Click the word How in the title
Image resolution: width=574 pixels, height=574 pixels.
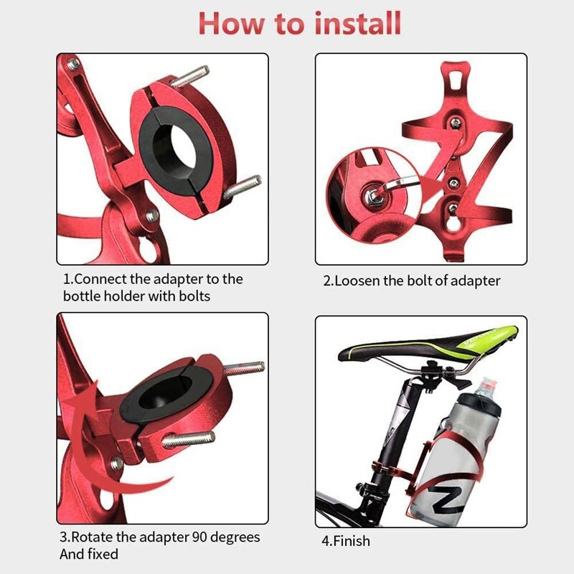click(228, 23)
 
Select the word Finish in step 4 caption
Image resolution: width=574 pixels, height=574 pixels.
click(351, 540)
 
